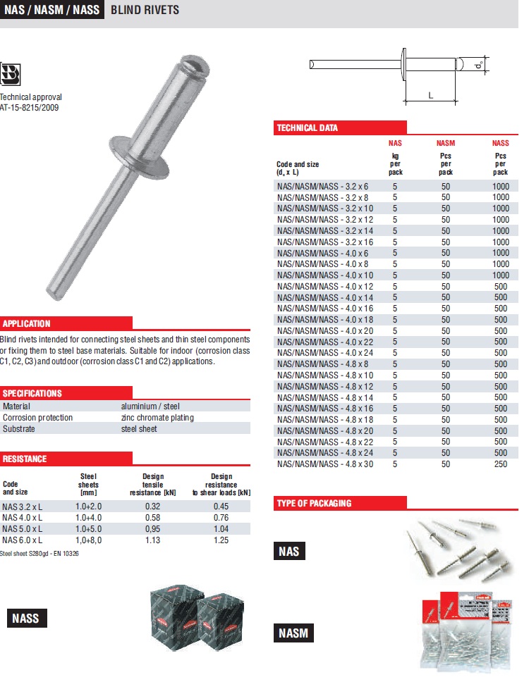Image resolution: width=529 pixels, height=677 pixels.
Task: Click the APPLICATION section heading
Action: [27, 324]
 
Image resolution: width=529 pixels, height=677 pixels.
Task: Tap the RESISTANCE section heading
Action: [25, 459]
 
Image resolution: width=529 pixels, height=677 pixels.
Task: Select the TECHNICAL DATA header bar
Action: [308, 128]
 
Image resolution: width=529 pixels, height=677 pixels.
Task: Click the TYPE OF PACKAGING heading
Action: [314, 503]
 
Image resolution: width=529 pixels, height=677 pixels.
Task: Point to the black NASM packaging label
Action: [293, 633]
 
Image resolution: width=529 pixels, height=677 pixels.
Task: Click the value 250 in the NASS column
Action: [500, 464]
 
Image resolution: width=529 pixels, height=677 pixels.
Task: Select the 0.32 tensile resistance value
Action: [152, 506]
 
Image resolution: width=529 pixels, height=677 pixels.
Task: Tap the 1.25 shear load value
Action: [221, 540]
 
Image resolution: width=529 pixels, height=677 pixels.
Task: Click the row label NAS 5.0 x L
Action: [23, 528]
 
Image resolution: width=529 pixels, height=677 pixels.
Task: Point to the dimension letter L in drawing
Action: [430, 95]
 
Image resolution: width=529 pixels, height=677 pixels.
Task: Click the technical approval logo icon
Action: [11, 73]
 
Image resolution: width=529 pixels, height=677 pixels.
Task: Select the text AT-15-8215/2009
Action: [30, 108]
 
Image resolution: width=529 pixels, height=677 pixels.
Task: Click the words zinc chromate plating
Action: [157, 418]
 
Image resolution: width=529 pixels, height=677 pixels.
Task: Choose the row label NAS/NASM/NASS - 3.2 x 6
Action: [322, 187]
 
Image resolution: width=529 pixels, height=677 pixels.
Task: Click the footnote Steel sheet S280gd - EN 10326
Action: [39, 554]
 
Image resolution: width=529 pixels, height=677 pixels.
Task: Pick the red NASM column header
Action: [446, 143]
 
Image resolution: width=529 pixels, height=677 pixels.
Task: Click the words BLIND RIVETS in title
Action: [145, 10]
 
